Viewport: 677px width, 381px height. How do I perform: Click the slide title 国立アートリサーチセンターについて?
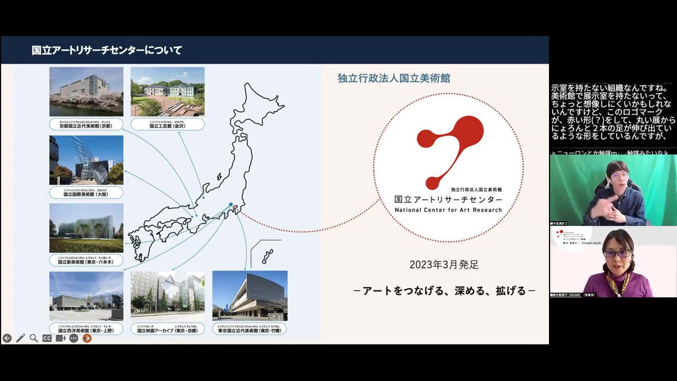[x=107, y=50]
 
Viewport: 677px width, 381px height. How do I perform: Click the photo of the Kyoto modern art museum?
[x=86, y=92]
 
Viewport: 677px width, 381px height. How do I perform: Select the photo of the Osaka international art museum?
[x=86, y=160]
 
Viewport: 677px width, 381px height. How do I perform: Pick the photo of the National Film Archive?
[x=168, y=296]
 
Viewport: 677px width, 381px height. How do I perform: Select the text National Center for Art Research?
[x=449, y=210]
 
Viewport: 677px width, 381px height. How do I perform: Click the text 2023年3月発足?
[x=444, y=265]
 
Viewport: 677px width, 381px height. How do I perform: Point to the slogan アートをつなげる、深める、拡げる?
[x=444, y=291]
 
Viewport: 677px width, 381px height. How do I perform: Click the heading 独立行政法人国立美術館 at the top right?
[x=394, y=78]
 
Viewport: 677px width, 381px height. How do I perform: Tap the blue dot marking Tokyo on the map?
[x=231, y=205]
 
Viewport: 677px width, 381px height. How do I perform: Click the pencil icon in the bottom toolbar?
[x=20, y=338]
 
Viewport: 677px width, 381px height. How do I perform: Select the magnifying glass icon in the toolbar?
[x=33, y=338]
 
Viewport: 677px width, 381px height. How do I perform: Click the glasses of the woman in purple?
[x=617, y=253]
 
